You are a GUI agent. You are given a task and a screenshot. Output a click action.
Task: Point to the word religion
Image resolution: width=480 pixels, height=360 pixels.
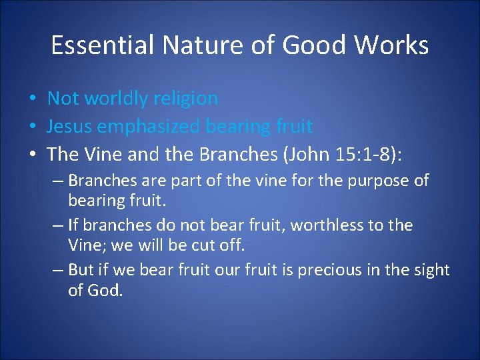click(186, 99)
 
